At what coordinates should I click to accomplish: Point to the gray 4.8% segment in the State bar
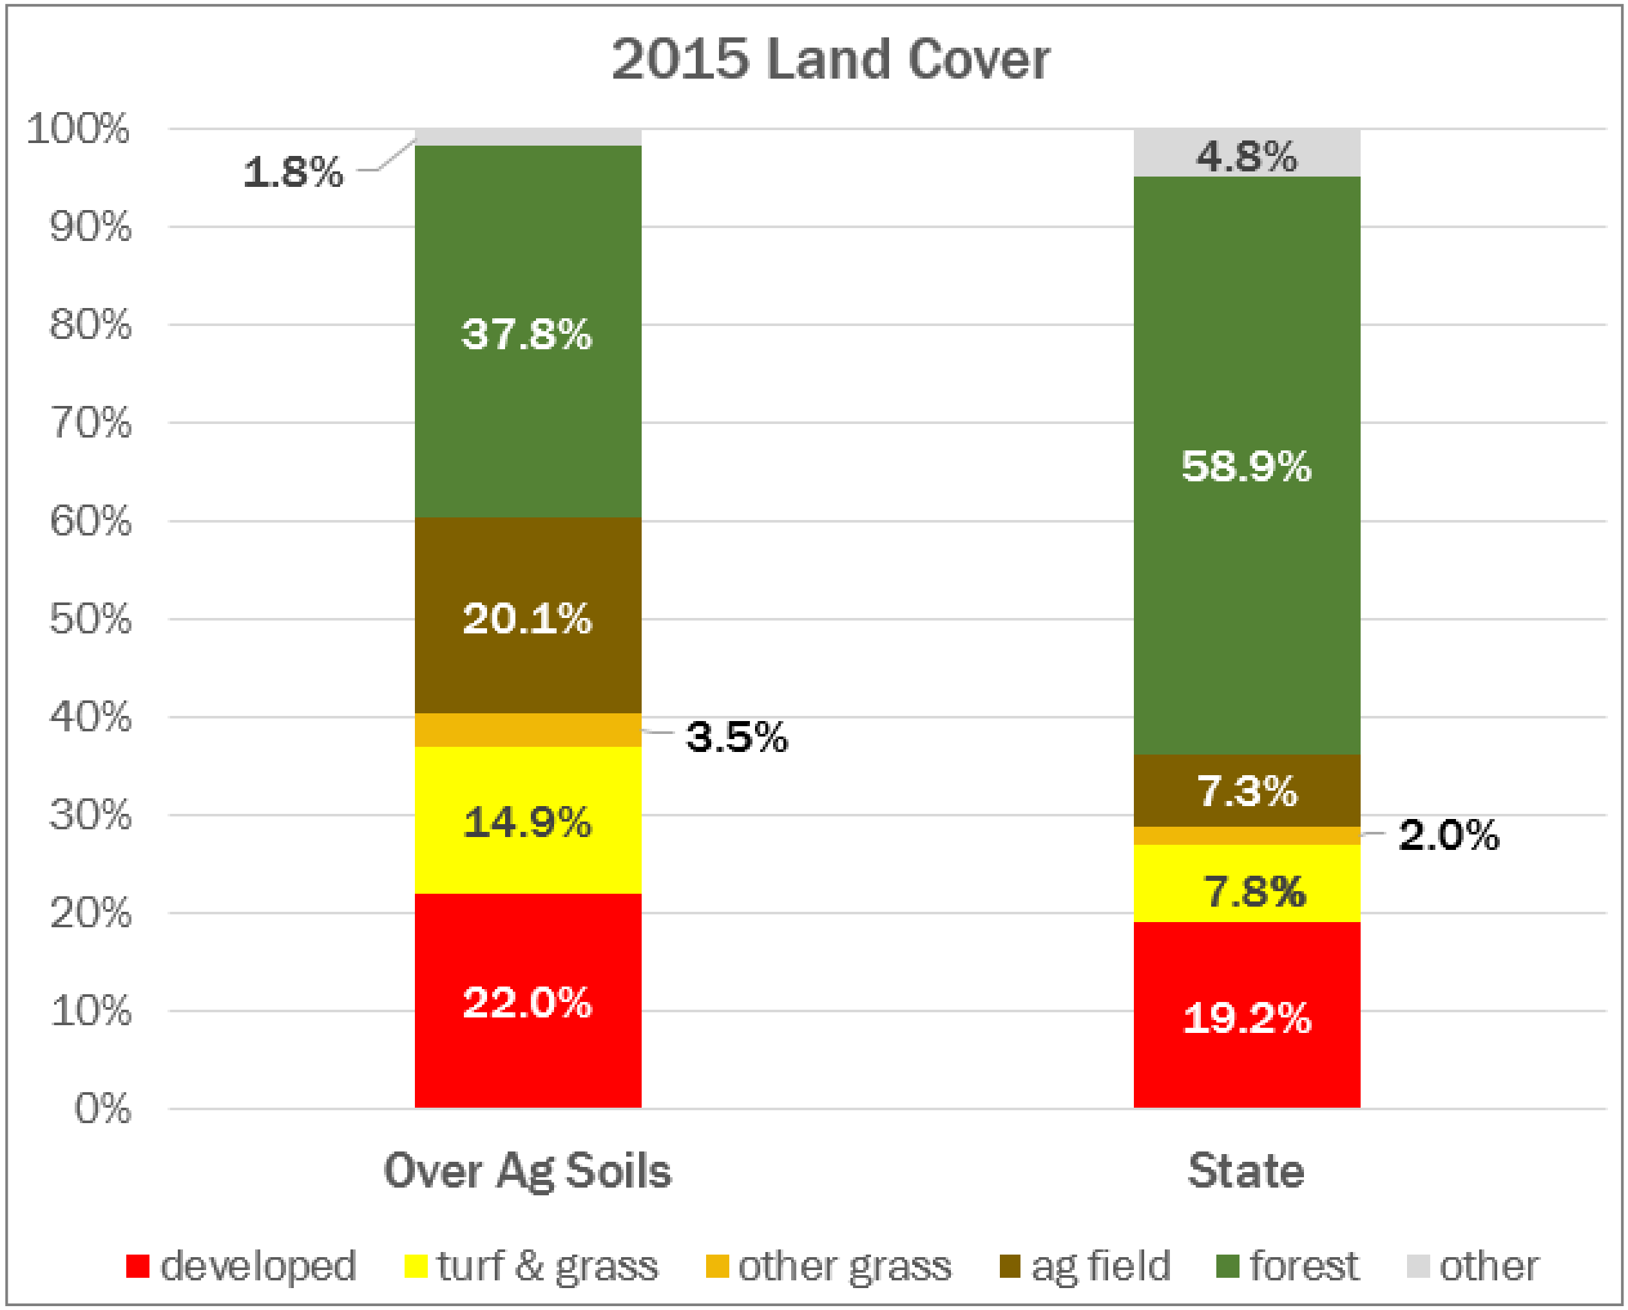pos(1247,154)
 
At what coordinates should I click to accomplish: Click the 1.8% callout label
pos(293,171)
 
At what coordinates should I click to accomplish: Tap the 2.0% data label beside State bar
pos(1448,834)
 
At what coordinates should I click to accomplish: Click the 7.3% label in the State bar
pos(1247,791)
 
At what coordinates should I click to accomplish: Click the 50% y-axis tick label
pos(90,619)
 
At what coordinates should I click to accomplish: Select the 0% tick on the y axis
pos(102,1108)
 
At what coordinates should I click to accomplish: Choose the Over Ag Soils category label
pos(528,1171)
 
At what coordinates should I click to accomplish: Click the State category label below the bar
pos(1246,1171)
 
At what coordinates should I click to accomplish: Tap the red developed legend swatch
pos(137,1266)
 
